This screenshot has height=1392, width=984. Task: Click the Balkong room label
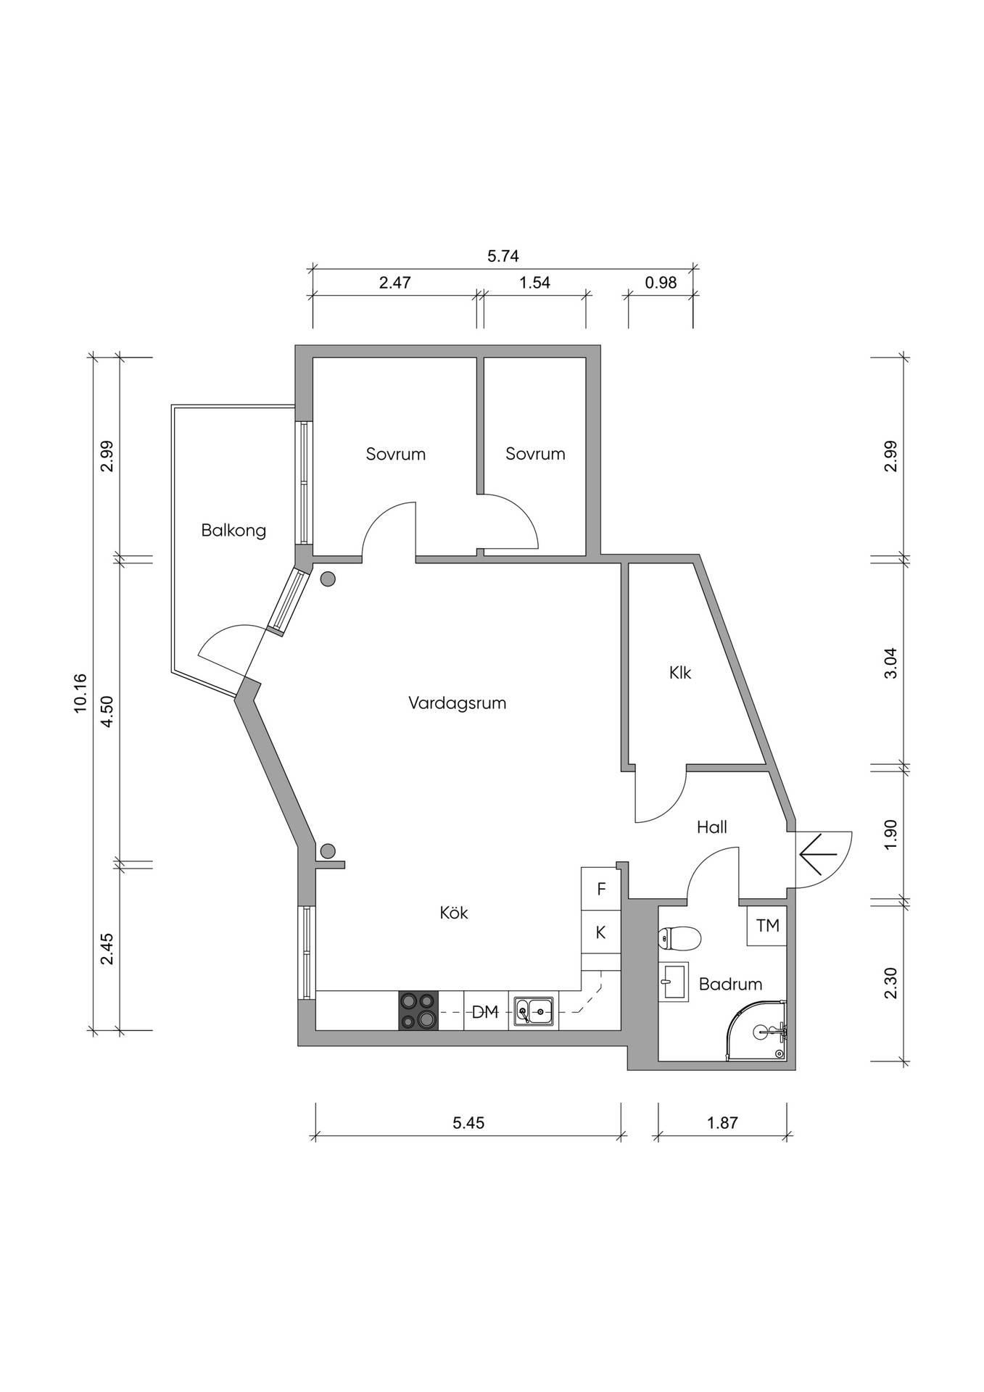pyautogui.click(x=233, y=531)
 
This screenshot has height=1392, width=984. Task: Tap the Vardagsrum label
pyautogui.click(x=457, y=703)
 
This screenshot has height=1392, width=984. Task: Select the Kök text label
pyautogui.click(x=454, y=913)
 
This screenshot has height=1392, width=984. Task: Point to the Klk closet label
pyautogui.click(x=680, y=673)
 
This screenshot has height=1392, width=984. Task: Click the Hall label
pyautogui.click(x=712, y=827)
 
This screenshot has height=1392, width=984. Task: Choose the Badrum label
pyautogui.click(x=730, y=984)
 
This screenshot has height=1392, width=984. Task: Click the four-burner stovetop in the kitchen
pyautogui.click(x=419, y=1010)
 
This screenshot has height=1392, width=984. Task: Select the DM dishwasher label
pyautogui.click(x=485, y=1012)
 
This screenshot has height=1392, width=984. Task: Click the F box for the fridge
pyautogui.click(x=601, y=889)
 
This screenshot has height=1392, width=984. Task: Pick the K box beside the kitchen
pyautogui.click(x=601, y=932)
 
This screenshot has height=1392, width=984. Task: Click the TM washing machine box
pyautogui.click(x=767, y=926)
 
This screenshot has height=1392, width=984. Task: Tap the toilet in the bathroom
pyautogui.click(x=679, y=939)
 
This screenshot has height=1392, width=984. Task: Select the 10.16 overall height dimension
pyautogui.click(x=80, y=694)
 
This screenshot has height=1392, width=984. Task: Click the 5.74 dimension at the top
pyautogui.click(x=503, y=256)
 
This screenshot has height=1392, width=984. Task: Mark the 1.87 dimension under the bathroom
pyautogui.click(x=722, y=1123)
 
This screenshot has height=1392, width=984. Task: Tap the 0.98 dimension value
pyautogui.click(x=661, y=283)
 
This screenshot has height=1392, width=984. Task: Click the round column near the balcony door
pyautogui.click(x=328, y=579)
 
